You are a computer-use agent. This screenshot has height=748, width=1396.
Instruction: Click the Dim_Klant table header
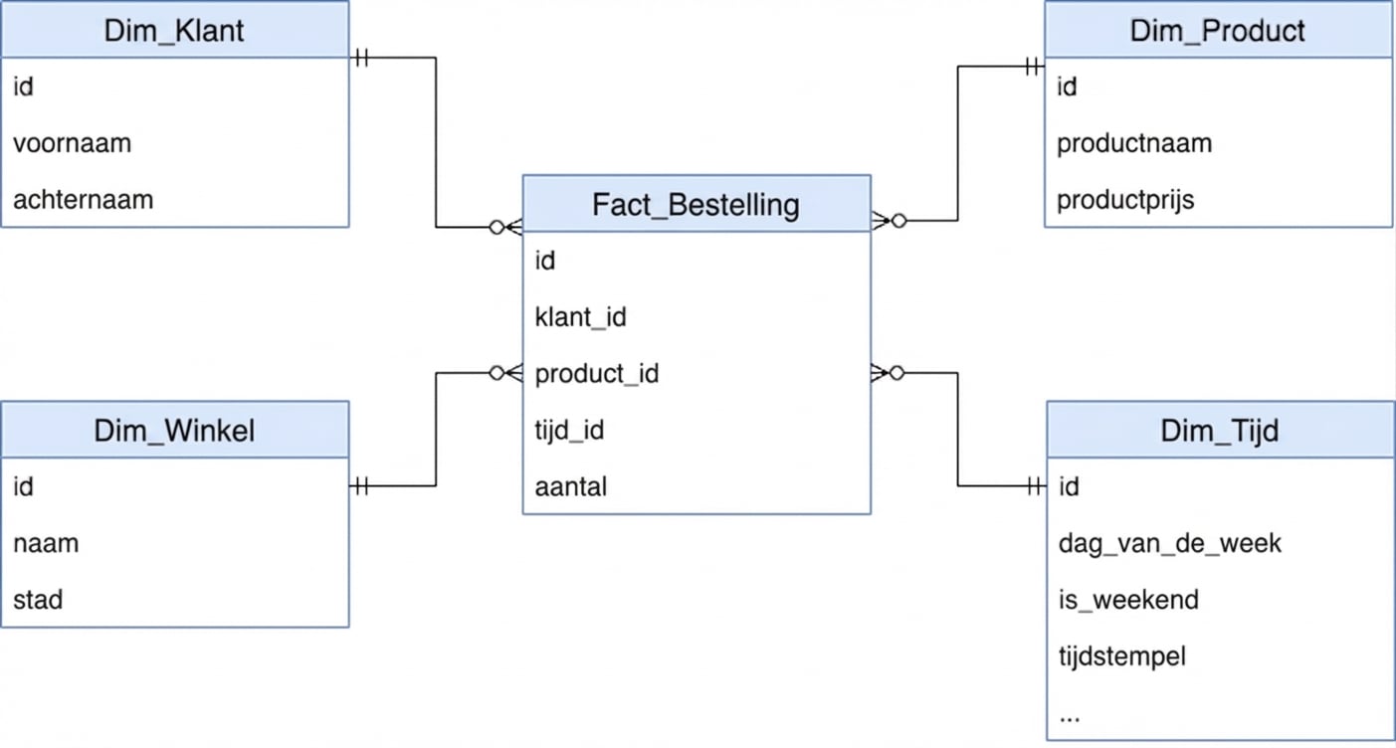point(174,31)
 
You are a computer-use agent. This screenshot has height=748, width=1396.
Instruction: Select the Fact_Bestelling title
point(696,205)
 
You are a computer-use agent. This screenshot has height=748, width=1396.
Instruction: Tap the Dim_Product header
point(1217,31)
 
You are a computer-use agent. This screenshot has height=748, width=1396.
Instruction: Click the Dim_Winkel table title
point(174,431)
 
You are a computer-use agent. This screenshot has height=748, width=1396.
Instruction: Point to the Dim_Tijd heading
point(1219,431)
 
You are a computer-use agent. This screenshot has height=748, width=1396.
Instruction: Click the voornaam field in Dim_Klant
point(72,143)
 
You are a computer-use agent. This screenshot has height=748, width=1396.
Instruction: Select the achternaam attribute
point(83,200)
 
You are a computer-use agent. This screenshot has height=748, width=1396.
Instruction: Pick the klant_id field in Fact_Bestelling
point(580,317)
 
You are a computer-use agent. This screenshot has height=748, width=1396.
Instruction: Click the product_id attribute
point(596,374)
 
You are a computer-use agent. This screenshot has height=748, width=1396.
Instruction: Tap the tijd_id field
point(568,431)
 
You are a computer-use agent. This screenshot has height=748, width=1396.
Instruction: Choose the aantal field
point(570,487)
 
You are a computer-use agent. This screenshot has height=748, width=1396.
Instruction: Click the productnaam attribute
point(1133,143)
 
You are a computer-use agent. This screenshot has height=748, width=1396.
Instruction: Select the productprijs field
point(1124,200)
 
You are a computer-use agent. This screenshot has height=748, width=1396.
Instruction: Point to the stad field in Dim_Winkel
point(38,601)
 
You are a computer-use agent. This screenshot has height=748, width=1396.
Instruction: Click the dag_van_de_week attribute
point(1169,544)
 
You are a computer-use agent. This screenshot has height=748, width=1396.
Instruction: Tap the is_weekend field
point(1127,601)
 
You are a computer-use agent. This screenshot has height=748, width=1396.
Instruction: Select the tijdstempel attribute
point(1121,657)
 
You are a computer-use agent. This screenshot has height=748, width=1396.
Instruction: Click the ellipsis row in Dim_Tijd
point(1070,714)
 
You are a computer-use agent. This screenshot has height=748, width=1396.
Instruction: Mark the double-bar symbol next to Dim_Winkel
point(361,486)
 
